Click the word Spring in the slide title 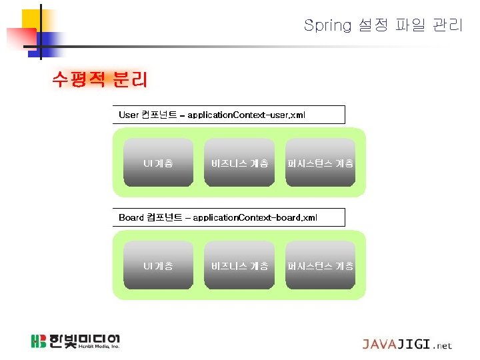327,26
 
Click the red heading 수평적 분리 99,80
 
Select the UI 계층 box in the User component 159,163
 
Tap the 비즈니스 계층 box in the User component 239,163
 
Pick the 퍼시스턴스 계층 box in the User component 320,163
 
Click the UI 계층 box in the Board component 159,265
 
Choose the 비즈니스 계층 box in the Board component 239,265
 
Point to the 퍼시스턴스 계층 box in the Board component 320,265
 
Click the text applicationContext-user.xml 246,115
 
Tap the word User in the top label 129,115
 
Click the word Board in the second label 131,217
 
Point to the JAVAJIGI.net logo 407,345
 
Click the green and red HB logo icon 39,341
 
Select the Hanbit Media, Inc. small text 98,347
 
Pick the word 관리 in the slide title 447,26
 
